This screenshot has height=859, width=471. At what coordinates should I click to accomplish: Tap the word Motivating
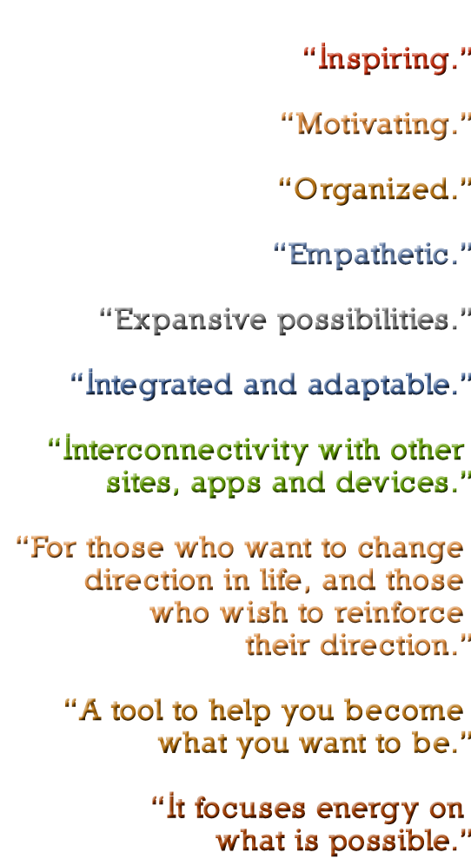pyautogui.click(x=377, y=124)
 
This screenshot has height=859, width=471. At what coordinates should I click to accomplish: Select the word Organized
pyautogui.click(x=375, y=190)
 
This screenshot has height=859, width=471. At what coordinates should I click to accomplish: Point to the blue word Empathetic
pyautogui.click(x=373, y=254)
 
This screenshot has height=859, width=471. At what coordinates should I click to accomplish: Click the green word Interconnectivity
pyautogui.click(x=186, y=450)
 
